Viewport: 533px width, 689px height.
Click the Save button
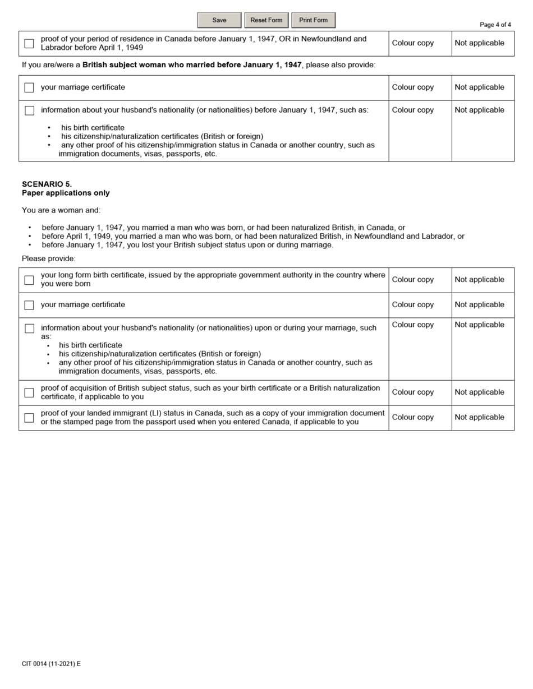(x=219, y=20)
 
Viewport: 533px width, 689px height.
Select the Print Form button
(x=313, y=20)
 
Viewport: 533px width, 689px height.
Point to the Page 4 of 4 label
(x=495, y=25)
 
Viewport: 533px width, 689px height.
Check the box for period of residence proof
(x=29, y=44)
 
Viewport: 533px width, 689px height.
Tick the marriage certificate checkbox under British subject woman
(x=29, y=87)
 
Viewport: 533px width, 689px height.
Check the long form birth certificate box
(x=29, y=280)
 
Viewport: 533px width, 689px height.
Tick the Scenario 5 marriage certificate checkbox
(x=29, y=305)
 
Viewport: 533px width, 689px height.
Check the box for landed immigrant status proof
(x=29, y=418)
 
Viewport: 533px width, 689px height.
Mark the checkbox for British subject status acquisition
(x=29, y=392)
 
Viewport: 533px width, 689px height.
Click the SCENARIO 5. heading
(x=47, y=184)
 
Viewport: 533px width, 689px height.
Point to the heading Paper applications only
(x=66, y=193)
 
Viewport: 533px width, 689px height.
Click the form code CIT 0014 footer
(x=51, y=664)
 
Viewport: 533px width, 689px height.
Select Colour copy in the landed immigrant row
(x=412, y=417)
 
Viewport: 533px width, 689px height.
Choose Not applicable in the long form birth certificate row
(x=479, y=279)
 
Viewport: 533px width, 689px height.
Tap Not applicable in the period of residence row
(x=479, y=43)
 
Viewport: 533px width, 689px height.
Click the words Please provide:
(x=48, y=258)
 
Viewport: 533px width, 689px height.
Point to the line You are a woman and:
(x=61, y=210)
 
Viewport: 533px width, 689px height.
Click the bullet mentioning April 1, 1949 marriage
(x=252, y=236)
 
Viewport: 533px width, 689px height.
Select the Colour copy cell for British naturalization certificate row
(x=412, y=392)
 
